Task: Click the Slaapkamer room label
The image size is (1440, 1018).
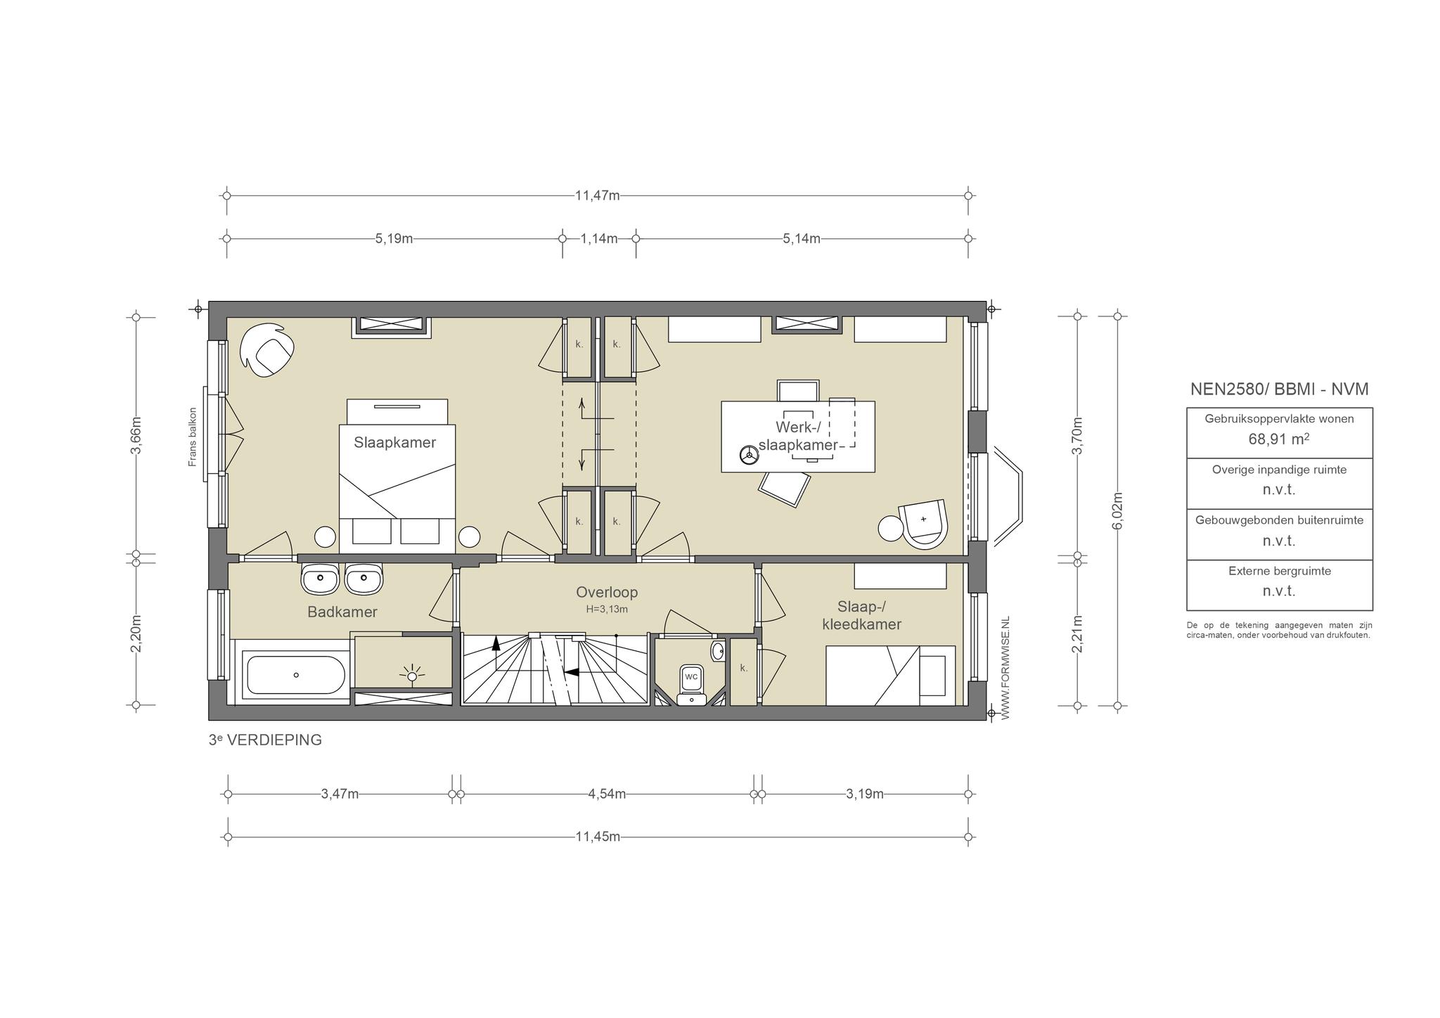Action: point(394,442)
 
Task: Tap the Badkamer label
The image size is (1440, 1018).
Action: point(342,612)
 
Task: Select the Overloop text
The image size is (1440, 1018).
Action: point(607,592)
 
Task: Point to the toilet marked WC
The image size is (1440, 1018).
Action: point(692,683)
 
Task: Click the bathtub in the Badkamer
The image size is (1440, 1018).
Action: point(295,675)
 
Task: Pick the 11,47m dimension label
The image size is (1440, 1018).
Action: point(598,195)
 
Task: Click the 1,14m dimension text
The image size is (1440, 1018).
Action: point(599,238)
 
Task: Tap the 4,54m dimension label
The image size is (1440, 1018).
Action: point(607,794)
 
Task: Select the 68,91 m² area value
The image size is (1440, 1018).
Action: point(1279,439)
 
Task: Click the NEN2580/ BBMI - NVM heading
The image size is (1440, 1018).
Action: point(1279,389)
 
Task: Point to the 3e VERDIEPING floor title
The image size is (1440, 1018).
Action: point(265,740)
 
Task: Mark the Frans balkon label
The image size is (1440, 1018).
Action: point(193,437)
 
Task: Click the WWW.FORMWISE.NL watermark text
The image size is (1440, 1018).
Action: point(1005,667)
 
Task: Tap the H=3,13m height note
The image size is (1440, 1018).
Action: point(607,609)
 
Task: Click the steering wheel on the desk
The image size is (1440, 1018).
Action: point(748,456)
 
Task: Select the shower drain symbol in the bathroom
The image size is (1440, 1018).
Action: point(412,676)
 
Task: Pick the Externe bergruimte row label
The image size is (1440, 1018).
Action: point(1280,571)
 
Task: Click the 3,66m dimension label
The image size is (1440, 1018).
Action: point(136,436)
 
